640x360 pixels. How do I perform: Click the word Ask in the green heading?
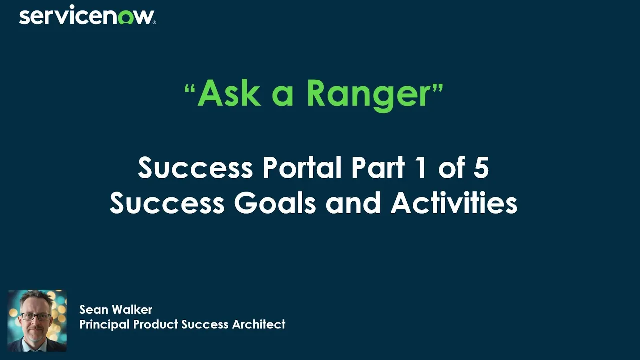(x=229, y=93)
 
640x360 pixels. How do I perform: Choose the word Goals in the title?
(x=276, y=203)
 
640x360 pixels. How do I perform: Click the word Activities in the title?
(x=454, y=203)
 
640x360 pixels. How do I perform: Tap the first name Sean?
(x=94, y=310)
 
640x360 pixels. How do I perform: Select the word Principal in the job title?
(x=103, y=324)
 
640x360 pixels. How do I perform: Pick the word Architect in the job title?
(x=259, y=324)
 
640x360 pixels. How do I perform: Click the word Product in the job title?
(x=154, y=324)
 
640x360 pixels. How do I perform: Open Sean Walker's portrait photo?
(x=37, y=320)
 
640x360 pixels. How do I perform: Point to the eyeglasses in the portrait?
(x=35, y=317)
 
